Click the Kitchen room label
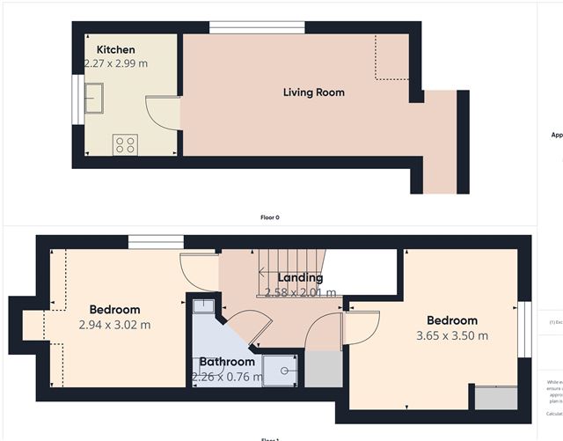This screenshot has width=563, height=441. point(115,49)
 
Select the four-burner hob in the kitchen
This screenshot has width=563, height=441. point(124,144)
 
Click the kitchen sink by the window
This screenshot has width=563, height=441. point(93,95)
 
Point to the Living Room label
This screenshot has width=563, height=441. point(313,92)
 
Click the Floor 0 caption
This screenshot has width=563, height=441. point(270,217)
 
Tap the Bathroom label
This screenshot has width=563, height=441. point(226,362)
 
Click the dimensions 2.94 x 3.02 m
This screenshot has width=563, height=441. point(114,324)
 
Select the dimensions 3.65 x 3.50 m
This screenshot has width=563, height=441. point(452,335)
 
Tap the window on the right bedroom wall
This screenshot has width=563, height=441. point(524,330)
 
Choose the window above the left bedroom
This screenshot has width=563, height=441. point(156,241)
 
